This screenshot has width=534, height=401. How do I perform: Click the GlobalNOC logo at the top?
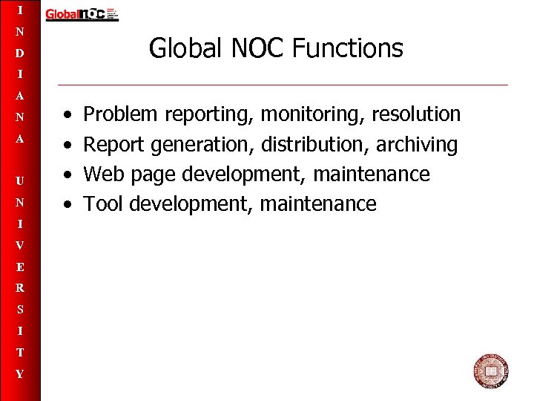(82, 14)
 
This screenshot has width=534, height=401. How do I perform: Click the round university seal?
(490, 371)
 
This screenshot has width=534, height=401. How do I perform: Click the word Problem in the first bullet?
(121, 114)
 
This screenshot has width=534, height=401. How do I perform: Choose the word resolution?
(416, 114)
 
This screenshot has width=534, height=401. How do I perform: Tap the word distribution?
(314, 144)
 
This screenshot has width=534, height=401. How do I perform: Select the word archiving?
(417, 144)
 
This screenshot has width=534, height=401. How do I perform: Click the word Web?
(101, 174)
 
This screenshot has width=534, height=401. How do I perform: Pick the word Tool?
(103, 203)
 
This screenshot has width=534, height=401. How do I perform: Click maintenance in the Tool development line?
(318, 203)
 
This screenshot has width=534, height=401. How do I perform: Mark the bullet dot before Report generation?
(67, 145)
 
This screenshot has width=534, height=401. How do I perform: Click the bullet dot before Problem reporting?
(67, 115)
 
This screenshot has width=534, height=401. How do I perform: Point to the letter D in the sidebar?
(20, 53)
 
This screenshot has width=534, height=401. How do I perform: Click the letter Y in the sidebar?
(20, 374)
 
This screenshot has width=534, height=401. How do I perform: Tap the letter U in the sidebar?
(20, 180)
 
